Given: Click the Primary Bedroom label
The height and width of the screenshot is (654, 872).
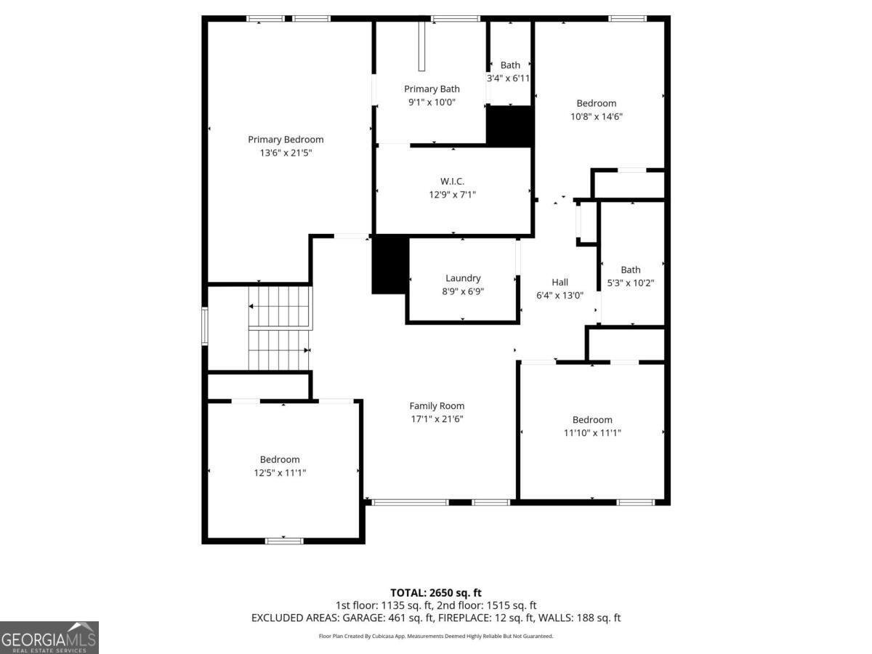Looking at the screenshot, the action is (x=286, y=140).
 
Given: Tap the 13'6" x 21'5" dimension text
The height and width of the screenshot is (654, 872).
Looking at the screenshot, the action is (x=286, y=153).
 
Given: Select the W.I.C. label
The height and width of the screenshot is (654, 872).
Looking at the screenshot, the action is (x=452, y=182).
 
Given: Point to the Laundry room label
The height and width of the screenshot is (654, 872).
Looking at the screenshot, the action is (x=463, y=278).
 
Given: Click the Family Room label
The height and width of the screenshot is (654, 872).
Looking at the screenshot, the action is (x=437, y=405).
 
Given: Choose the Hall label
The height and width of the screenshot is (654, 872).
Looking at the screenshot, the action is (x=560, y=283).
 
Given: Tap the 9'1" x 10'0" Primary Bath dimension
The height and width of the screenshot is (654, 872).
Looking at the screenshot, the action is (x=432, y=102).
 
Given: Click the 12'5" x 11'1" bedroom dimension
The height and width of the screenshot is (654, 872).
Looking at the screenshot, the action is (x=280, y=472).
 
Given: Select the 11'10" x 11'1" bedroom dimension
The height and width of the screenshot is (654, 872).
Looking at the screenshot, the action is (x=592, y=433).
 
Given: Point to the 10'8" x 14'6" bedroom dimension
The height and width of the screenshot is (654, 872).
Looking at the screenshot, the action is (x=597, y=116).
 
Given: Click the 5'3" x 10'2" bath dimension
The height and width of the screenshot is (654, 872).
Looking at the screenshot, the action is (x=631, y=283).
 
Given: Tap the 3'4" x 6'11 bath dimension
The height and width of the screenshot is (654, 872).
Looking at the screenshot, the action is (x=509, y=78).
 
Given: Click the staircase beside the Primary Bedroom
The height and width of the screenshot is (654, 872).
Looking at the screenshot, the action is (x=280, y=328).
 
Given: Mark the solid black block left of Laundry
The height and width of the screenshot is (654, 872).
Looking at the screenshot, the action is (x=390, y=265).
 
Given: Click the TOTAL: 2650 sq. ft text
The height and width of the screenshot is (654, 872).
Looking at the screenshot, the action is (x=436, y=593).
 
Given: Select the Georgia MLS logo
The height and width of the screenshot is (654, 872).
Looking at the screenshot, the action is (x=49, y=637).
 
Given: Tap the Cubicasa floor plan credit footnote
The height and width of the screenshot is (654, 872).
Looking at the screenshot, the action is (x=436, y=636).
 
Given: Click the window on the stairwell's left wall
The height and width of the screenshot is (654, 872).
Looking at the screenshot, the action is (x=205, y=326).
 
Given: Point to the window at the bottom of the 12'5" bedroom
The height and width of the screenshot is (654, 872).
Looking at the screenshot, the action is (x=284, y=541).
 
